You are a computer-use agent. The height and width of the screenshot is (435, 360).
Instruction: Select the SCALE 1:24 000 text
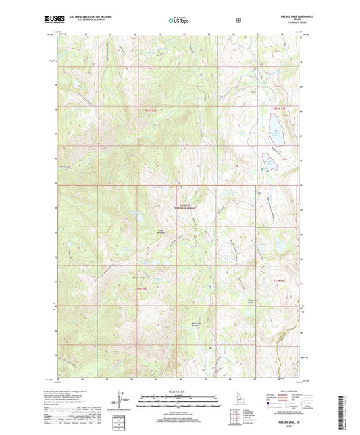pos(180,390)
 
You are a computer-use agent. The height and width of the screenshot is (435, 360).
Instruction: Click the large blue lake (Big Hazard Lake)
pos(274,126)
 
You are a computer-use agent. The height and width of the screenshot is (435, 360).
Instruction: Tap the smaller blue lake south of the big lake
pos(269,163)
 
